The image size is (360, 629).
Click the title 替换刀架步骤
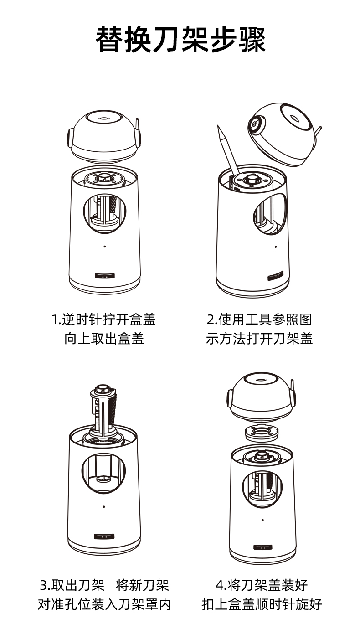tap(180, 39)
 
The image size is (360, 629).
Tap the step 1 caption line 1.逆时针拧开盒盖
tap(103, 320)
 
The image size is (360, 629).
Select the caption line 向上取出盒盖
tap(104, 338)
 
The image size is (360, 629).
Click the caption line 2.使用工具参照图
tap(259, 320)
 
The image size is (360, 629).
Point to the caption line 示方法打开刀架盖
tap(259, 338)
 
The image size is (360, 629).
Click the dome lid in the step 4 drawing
tap(262, 397)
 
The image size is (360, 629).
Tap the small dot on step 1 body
tap(105, 247)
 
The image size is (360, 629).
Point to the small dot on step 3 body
tap(104, 507)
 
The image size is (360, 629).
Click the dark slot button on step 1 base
tap(105, 276)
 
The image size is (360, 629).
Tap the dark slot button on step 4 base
tap(263, 547)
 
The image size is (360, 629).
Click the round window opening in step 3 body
tap(104, 474)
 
